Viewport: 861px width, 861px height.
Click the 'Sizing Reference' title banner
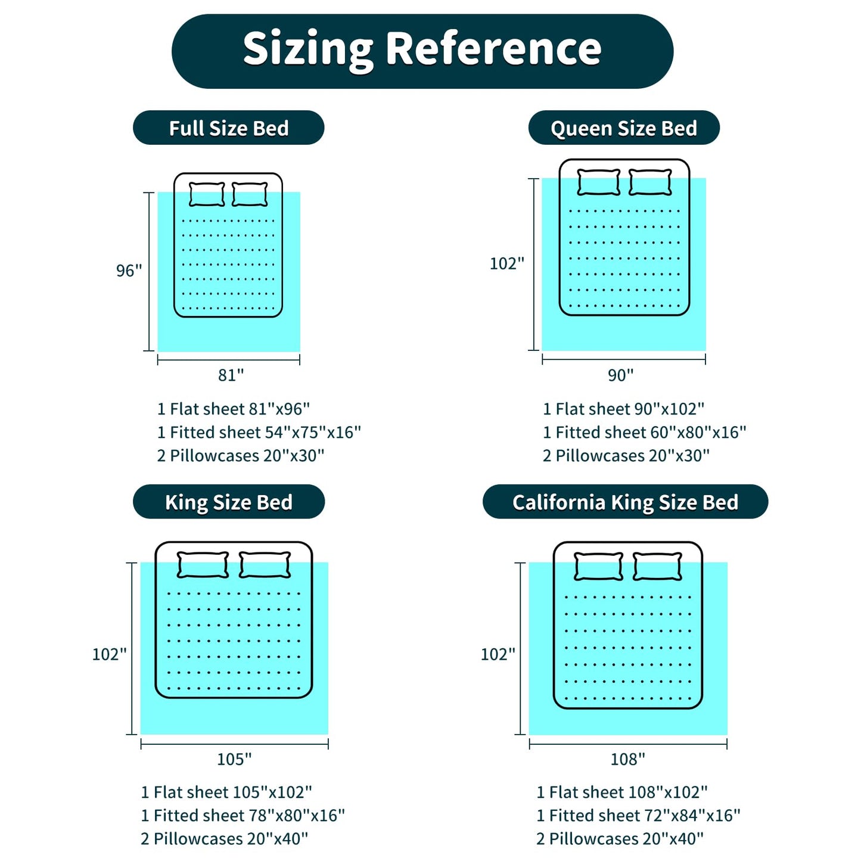click(x=422, y=51)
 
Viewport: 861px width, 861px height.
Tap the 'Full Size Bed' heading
click(x=228, y=128)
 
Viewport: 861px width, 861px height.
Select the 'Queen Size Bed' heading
click(x=624, y=128)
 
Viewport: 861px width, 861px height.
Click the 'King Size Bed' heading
click(x=229, y=502)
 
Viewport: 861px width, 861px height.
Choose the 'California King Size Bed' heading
click(x=625, y=502)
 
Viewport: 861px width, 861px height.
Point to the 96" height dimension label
click(x=129, y=271)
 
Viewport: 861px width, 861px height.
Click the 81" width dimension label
click(x=231, y=375)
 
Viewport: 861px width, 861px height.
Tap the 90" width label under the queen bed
click(x=621, y=375)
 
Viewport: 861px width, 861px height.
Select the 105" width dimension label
click(x=234, y=759)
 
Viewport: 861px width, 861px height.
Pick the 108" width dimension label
click(x=628, y=759)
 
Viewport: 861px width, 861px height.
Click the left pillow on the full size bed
click(x=206, y=194)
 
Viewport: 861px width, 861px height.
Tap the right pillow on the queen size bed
click(x=649, y=182)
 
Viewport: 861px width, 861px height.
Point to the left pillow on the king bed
click(x=203, y=565)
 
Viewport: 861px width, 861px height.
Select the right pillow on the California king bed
click(x=657, y=566)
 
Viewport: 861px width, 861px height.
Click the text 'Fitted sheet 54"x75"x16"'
click(x=265, y=432)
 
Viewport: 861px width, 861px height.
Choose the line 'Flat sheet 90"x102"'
click(x=630, y=409)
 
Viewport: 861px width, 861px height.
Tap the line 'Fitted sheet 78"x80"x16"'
click(x=249, y=816)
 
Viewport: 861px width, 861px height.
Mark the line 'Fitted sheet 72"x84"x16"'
click(x=645, y=816)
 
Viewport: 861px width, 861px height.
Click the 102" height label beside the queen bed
click(x=506, y=263)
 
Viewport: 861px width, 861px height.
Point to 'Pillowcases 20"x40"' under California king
click(x=626, y=839)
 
